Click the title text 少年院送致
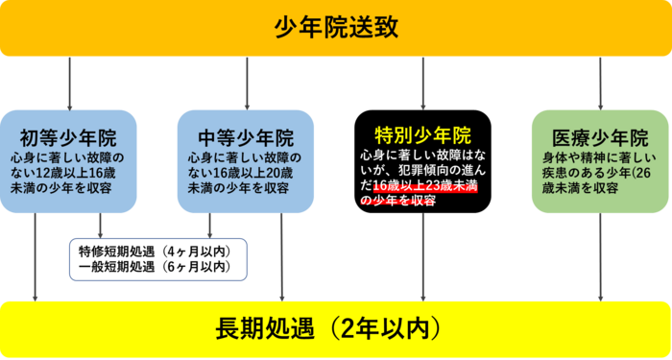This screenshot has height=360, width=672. (x=336, y=29)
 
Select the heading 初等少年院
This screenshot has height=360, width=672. (x=69, y=136)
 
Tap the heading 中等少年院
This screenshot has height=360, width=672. (x=247, y=136)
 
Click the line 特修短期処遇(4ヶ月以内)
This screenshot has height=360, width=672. (x=154, y=252)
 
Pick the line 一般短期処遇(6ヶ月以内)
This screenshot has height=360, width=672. (x=154, y=267)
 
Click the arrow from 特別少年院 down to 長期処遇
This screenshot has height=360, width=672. (x=423, y=254)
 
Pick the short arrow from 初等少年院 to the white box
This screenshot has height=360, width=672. (x=100, y=225)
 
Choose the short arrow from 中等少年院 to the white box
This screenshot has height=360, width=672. (x=209, y=225)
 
